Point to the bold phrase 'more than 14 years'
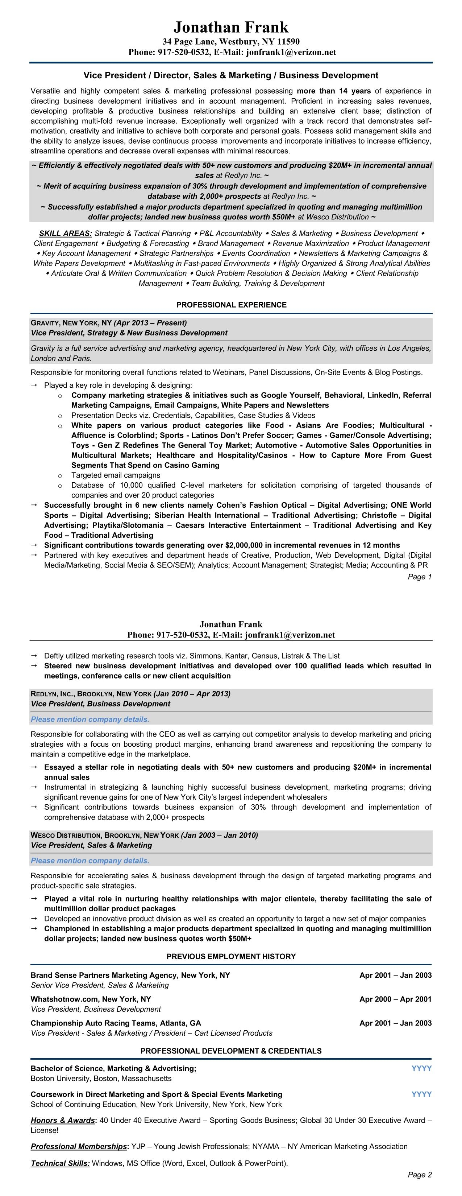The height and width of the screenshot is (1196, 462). [x=333, y=91]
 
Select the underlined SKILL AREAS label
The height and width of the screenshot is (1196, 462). [x=65, y=234]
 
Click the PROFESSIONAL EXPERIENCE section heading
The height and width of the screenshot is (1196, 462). [x=231, y=305]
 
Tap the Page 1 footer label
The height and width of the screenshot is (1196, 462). [x=419, y=577]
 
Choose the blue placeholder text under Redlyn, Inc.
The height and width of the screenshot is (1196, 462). [x=90, y=719]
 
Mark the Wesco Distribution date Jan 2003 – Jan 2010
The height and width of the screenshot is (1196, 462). [x=219, y=835]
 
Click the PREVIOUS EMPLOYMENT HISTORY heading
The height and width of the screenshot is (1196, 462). [x=231, y=956]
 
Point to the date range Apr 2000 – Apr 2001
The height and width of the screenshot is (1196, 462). [x=395, y=999]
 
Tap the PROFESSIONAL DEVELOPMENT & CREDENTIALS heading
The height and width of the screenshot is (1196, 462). [x=231, y=1051]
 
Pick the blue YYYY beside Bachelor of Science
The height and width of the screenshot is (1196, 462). [x=421, y=1068]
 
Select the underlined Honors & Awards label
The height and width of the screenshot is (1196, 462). [x=63, y=1120]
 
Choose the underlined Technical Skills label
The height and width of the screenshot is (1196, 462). [x=60, y=1163]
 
